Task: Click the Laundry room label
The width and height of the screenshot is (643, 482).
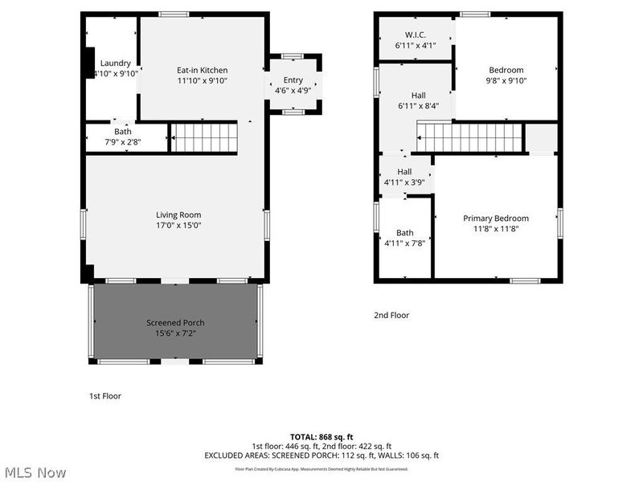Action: coord(115,63)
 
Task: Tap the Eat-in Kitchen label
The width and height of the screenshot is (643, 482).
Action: coord(202,70)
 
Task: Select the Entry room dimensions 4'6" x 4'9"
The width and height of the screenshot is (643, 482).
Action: coord(293,91)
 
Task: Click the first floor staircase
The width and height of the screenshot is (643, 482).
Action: coord(206,137)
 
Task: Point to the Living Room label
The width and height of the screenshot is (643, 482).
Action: coord(178,214)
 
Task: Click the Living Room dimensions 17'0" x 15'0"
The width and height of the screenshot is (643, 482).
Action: coord(178,226)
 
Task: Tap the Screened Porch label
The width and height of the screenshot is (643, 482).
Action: coord(175,323)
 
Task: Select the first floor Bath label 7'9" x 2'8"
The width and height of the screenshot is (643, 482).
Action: coord(123,142)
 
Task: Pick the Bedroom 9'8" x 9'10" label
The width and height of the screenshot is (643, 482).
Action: coord(506,70)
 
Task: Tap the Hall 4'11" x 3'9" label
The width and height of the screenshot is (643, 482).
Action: coord(404,172)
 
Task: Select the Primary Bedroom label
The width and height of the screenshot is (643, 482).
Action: coord(496,218)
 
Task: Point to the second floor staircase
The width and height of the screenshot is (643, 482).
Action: coord(469,137)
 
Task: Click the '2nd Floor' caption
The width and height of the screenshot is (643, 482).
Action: coord(391,316)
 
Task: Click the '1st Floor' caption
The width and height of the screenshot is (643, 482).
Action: coord(105,396)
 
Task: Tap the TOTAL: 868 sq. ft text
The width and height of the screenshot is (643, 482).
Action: coord(321,436)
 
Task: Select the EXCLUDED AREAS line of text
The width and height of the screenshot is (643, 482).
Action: coord(321,455)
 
